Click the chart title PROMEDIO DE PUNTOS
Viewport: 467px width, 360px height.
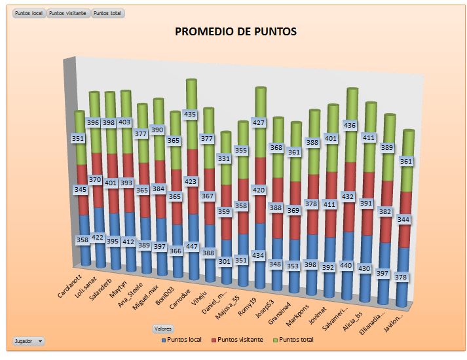(235, 31)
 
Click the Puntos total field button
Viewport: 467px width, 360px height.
(108, 13)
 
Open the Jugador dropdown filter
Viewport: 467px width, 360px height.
(29, 341)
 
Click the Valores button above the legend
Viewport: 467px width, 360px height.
(163, 328)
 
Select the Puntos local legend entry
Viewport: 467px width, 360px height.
(185, 340)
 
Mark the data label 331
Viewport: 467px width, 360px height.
(225, 158)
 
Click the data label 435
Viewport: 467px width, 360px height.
(191, 114)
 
